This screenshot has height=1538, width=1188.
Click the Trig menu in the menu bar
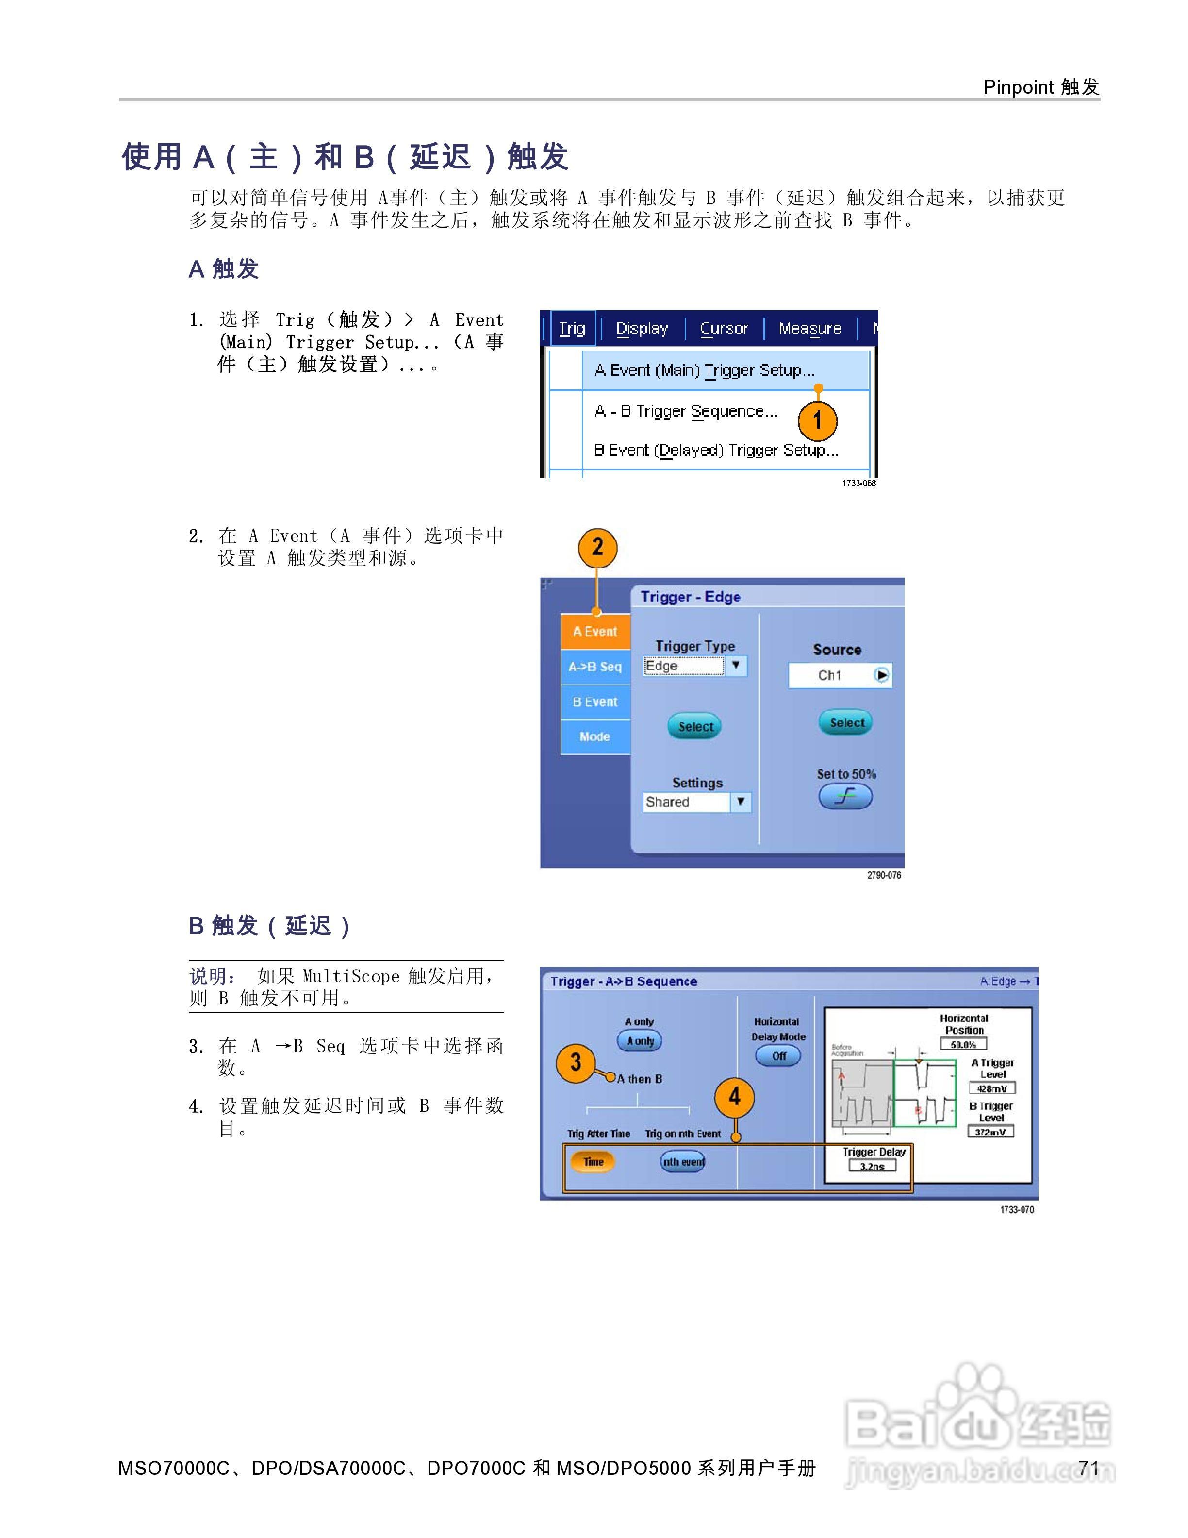[572, 328]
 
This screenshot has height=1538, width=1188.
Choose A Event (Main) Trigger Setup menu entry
[704, 370]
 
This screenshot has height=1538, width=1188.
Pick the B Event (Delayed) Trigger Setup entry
[716, 450]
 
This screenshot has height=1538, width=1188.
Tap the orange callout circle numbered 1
[817, 420]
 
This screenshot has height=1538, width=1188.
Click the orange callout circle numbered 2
[597, 548]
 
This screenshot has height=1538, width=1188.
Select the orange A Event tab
[594, 632]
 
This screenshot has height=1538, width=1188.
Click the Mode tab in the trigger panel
[594, 736]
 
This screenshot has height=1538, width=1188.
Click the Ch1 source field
[840, 675]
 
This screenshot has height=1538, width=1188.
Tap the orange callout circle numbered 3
[576, 1062]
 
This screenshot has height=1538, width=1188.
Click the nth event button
[683, 1162]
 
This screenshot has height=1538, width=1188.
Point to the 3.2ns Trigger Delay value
[872, 1166]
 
